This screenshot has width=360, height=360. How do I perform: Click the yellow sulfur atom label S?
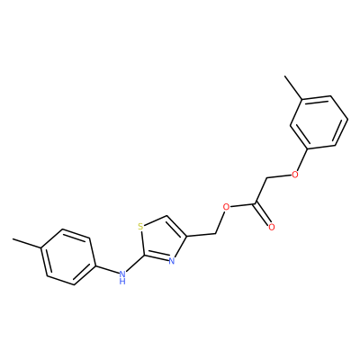tap(140, 226)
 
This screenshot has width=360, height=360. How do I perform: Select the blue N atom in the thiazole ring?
tap(172, 261)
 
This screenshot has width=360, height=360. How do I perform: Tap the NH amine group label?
tap(122, 277)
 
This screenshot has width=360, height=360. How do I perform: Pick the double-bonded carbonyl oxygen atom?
tap(272, 227)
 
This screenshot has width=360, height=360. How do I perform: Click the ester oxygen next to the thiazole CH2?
tap(227, 207)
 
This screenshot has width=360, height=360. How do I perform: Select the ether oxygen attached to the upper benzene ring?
tap(295, 175)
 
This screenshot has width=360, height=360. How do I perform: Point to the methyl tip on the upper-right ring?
tap(285, 76)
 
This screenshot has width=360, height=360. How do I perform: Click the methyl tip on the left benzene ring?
tap(13, 239)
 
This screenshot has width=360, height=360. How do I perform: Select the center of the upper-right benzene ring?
tap(319, 122)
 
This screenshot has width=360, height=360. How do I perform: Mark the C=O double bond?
tap(262, 214)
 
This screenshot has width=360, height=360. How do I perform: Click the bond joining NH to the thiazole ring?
tap(134, 264)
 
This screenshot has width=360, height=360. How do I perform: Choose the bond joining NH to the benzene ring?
tap(106, 269)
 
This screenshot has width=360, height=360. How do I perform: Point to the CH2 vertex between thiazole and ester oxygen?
tap(216, 233)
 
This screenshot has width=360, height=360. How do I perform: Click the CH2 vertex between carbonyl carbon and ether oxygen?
tap(266, 179)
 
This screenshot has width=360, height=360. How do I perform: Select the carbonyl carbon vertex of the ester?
tap(256, 203)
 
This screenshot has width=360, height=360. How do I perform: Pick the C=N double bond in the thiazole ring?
tap(157, 258)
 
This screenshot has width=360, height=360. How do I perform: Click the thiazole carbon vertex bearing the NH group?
tap(145, 256)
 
